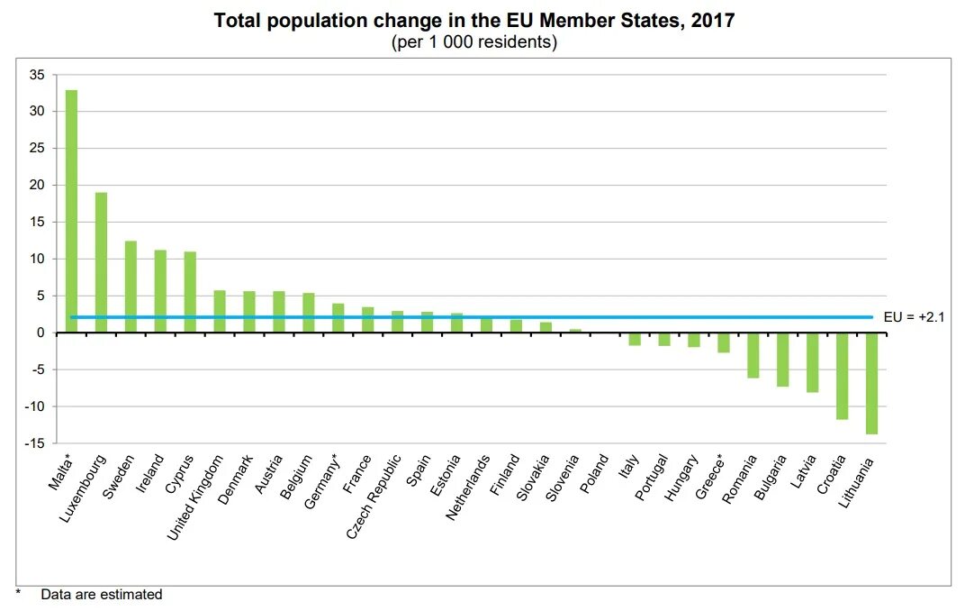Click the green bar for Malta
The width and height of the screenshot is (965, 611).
(71, 211)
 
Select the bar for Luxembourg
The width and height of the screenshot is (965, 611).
(101, 262)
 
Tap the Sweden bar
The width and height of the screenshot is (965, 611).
(131, 287)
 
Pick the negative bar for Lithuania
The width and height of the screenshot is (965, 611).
(871, 383)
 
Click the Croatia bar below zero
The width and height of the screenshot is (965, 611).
(842, 376)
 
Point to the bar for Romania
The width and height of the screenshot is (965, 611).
(753, 355)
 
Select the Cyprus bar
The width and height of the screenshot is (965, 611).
(190, 292)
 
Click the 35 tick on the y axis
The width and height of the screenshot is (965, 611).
(37, 75)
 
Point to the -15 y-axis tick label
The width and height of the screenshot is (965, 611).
(34, 443)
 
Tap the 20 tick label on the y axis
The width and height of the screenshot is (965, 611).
(37, 186)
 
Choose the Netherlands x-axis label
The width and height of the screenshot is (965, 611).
(468, 488)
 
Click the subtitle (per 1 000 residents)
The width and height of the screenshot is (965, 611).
(474, 42)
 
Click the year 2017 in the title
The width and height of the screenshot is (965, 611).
(711, 20)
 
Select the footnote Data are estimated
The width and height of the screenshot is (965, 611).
(101, 594)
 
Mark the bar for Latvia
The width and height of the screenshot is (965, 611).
(812, 362)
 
